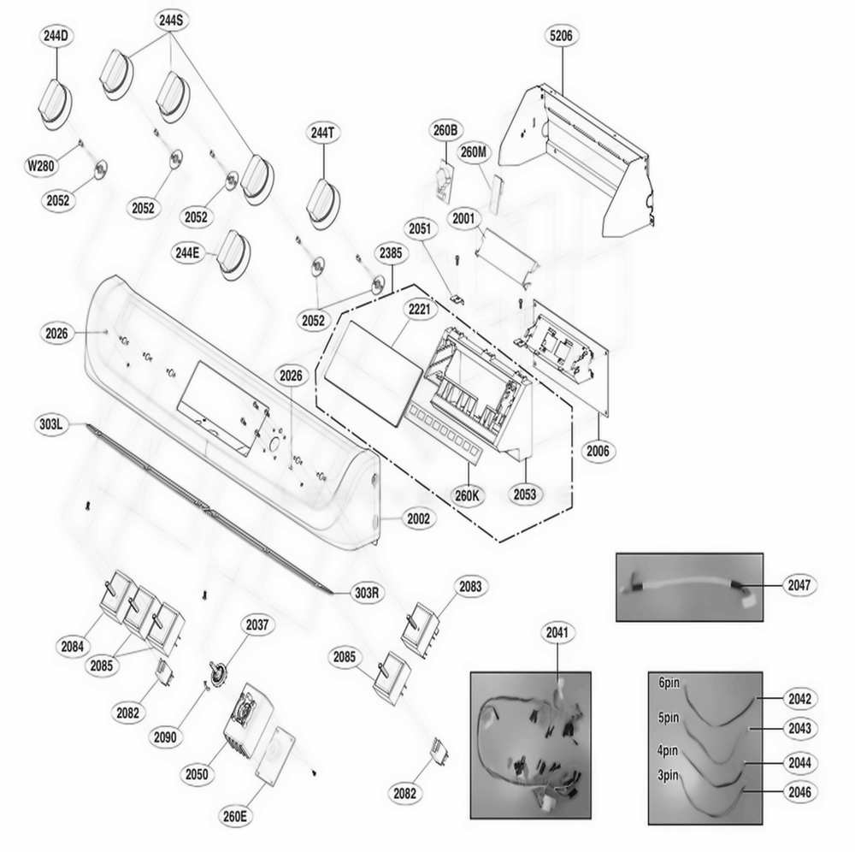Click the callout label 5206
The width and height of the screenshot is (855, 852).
pyautogui.click(x=564, y=36)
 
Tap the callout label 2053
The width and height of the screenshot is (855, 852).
pyautogui.click(x=525, y=494)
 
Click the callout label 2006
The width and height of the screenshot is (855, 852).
pyautogui.click(x=599, y=450)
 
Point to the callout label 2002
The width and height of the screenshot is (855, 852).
pyautogui.click(x=419, y=518)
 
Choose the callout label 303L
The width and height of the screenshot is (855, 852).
pyautogui.click(x=51, y=423)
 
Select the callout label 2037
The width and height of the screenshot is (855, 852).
pyautogui.click(x=257, y=625)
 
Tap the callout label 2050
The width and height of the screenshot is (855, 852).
pyautogui.click(x=197, y=773)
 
